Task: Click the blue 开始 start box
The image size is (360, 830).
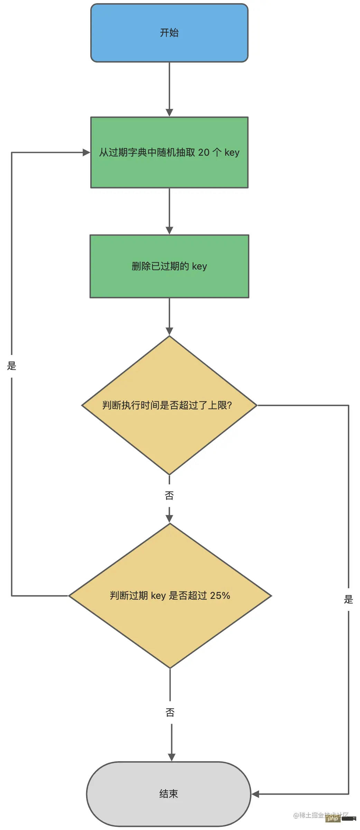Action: (169, 33)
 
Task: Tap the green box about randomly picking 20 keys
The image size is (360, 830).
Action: (169, 153)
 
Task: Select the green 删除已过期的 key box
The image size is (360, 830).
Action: (169, 266)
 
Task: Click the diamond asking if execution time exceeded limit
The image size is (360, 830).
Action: (169, 405)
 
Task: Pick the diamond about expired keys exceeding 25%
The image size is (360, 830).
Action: (170, 595)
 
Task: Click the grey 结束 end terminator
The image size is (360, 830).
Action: (168, 794)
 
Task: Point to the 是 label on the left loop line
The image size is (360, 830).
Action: (12, 366)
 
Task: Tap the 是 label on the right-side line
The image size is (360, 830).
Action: (348, 599)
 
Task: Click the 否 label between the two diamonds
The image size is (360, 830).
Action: (169, 495)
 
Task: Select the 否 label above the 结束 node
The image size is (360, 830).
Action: (170, 712)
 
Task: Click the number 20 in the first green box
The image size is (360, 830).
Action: (204, 153)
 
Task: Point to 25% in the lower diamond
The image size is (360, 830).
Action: (220, 595)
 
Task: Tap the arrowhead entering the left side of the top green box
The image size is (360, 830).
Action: (86, 153)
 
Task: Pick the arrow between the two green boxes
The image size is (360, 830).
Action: (169, 211)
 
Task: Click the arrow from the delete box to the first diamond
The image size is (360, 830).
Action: (169, 316)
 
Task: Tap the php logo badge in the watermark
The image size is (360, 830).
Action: (333, 819)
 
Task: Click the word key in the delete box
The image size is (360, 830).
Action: (200, 266)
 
